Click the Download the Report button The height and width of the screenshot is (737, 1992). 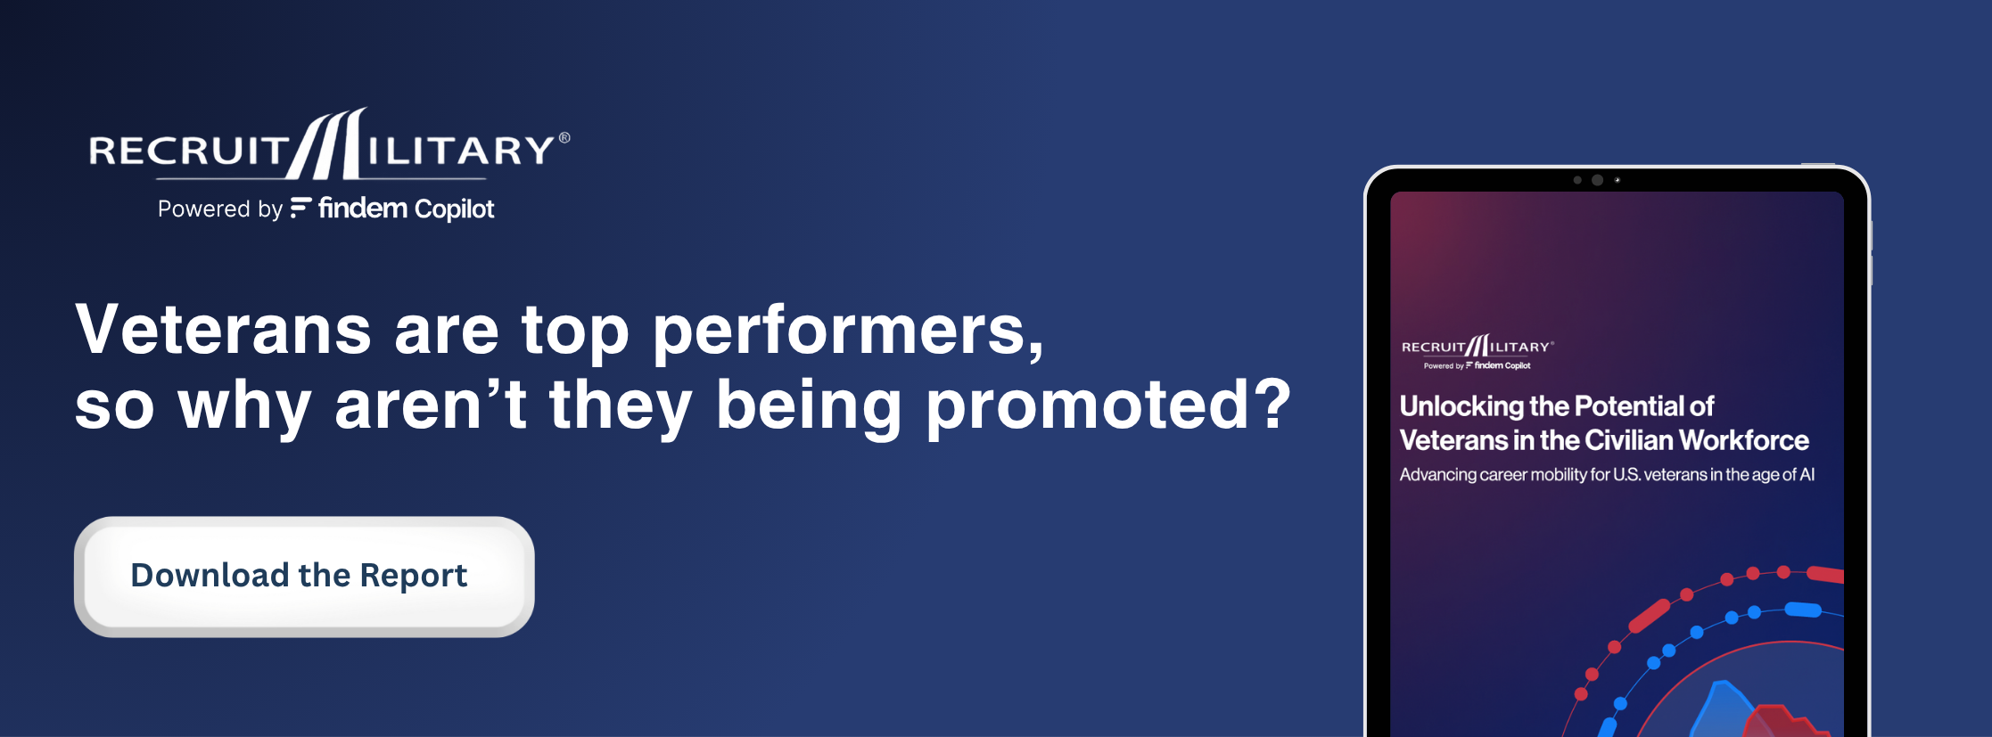coord(304,577)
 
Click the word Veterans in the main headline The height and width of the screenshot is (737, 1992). coord(223,331)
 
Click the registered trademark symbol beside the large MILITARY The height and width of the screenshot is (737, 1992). coord(564,138)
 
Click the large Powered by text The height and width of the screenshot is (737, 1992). coord(220,209)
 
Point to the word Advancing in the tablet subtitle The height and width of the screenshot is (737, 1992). coord(1437,475)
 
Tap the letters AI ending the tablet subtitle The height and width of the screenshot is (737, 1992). coord(1807,474)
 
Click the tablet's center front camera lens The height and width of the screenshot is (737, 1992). coord(1597,180)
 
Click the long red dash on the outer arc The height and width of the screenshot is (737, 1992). coord(1649,616)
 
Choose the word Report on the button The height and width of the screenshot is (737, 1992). coord(414,577)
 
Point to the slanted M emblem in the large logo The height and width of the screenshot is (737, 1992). coord(327,143)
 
